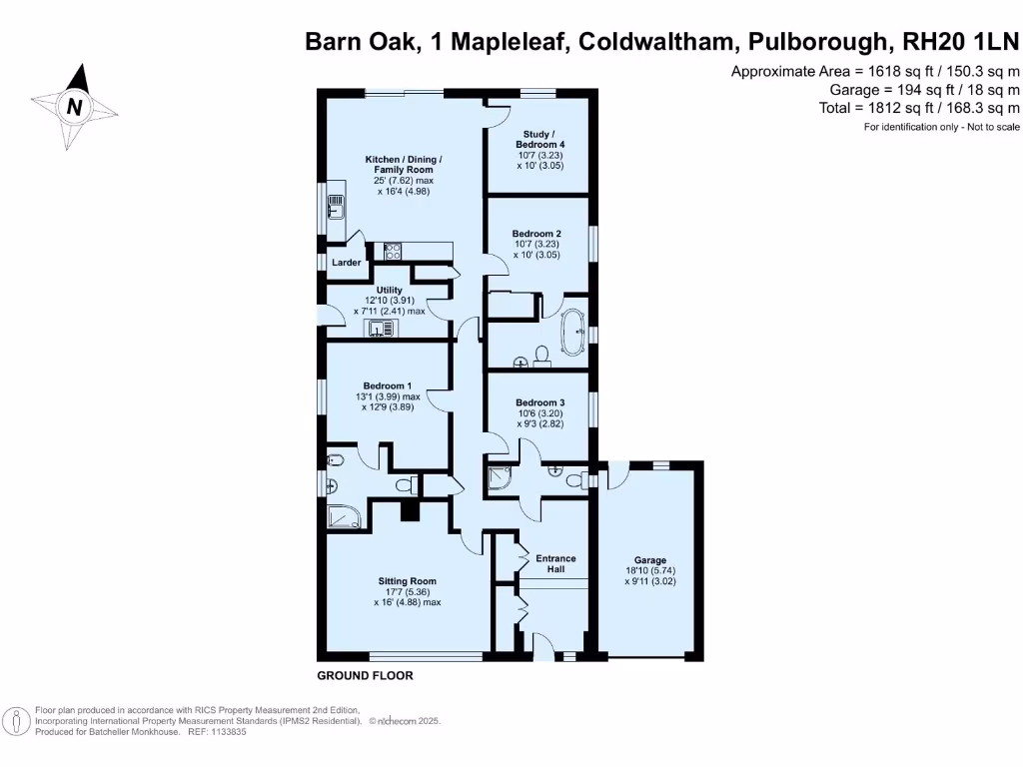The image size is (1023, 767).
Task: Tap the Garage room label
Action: [x=649, y=560]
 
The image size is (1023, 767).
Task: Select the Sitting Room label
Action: [x=407, y=580]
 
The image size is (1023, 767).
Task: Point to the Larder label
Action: [x=346, y=263]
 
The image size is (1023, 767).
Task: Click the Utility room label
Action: [x=389, y=290]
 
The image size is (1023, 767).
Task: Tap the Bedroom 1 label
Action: [x=387, y=385]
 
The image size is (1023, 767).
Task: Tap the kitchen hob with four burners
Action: [x=393, y=252]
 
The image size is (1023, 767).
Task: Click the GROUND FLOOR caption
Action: [x=365, y=676]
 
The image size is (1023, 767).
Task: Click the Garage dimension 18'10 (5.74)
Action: [x=649, y=570]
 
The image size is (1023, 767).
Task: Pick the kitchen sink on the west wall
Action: [x=336, y=208]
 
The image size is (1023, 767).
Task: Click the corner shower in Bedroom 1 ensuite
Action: [x=346, y=516]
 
